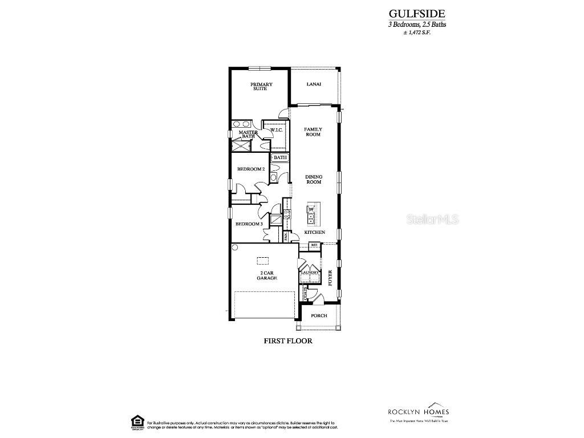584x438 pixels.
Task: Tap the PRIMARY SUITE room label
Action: coord(262,87)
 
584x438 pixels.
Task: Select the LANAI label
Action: coord(314,84)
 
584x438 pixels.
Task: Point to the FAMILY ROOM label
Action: coord(313,132)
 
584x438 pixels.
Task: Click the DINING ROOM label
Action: coord(314,180)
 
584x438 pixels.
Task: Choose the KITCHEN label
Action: coord(314,233)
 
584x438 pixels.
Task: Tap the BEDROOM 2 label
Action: coord(250,169)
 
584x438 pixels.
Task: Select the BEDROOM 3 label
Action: coord(249,224)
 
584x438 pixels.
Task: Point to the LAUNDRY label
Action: coord(309,273)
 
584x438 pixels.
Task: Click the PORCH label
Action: coord(319,315)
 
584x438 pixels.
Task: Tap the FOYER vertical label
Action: coord(330,278)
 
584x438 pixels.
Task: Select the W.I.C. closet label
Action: coord(277,131)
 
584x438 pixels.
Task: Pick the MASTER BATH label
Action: coord(248,134)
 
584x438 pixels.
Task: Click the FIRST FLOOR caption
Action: coord(288,340)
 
